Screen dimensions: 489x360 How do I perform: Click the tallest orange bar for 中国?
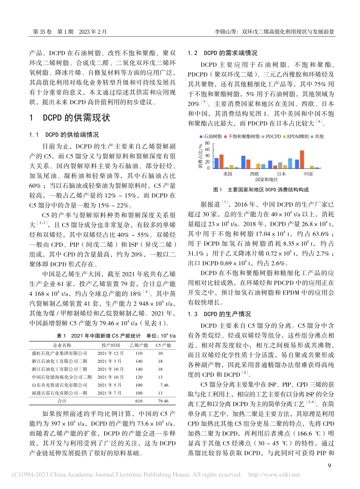coord(302,160)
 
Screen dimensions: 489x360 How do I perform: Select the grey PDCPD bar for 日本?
coord(280,165)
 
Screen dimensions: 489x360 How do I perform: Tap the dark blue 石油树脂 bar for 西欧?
coord(243,162)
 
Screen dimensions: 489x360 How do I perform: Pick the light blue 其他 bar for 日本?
coord(290,163)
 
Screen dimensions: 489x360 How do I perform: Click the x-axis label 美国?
coord(227,174)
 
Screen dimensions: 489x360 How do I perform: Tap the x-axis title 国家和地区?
coord(267,180)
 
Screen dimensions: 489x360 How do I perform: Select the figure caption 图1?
coord(218,190)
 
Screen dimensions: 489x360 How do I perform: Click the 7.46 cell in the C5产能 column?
coord(164,385)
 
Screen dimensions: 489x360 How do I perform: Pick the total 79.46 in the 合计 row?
coord(163,401)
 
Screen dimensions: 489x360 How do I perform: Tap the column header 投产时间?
coord(111,345)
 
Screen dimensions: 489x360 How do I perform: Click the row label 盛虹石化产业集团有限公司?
coord(59,353)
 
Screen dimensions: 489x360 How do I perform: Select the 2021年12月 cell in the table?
coord(111,353)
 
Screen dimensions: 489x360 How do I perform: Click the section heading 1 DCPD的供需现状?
coord(70,118)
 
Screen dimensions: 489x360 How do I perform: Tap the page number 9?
coord(329,465)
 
